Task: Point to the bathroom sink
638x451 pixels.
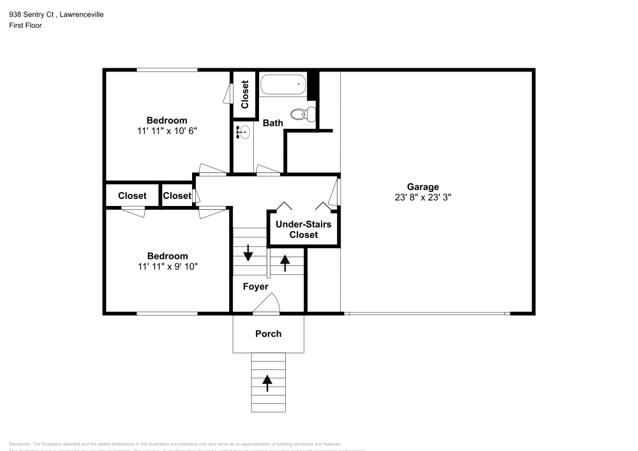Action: click(243, 133)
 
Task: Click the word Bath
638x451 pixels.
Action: click(273, 123)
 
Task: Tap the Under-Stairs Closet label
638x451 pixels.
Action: click(304, 230)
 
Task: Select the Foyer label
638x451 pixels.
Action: click(255, 286)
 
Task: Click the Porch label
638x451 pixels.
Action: click(268, 334)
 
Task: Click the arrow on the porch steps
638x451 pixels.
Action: click(267, 383)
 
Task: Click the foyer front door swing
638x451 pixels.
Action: click(267, 303)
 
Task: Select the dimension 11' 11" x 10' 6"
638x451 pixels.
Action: click(167, 131)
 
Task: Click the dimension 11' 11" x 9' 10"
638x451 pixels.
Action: click(167, 267)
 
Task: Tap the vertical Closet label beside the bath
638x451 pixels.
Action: click(245, 94)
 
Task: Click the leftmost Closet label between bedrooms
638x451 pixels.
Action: click(132, 196)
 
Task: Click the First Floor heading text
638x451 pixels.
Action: click(26, 26)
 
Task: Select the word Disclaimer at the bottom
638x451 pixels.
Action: click(20, 444)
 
